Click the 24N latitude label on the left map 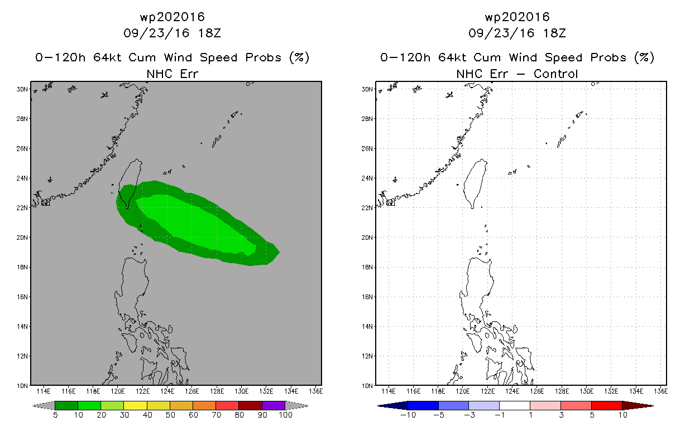pos(22,178)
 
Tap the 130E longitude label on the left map pos(242,391)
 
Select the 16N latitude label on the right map pos(367,297)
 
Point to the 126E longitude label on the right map pos(537,391)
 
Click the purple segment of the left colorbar pos(274,405)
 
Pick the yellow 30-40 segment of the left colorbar pos(136,405)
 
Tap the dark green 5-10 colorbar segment pos(66,405)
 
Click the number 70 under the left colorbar pos(216,415)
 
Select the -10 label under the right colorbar pos(408,415)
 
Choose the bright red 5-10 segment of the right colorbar pos(607,405)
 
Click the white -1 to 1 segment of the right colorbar pos(515,405)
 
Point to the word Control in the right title pos(555,74)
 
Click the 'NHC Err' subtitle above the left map pos(172,74)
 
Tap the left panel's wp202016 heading pos(172,17)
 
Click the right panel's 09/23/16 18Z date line pos(517,33)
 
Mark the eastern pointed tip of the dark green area pos(279,252)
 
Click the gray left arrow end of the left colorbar pos(44,405)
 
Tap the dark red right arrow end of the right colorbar pos(638,406)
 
